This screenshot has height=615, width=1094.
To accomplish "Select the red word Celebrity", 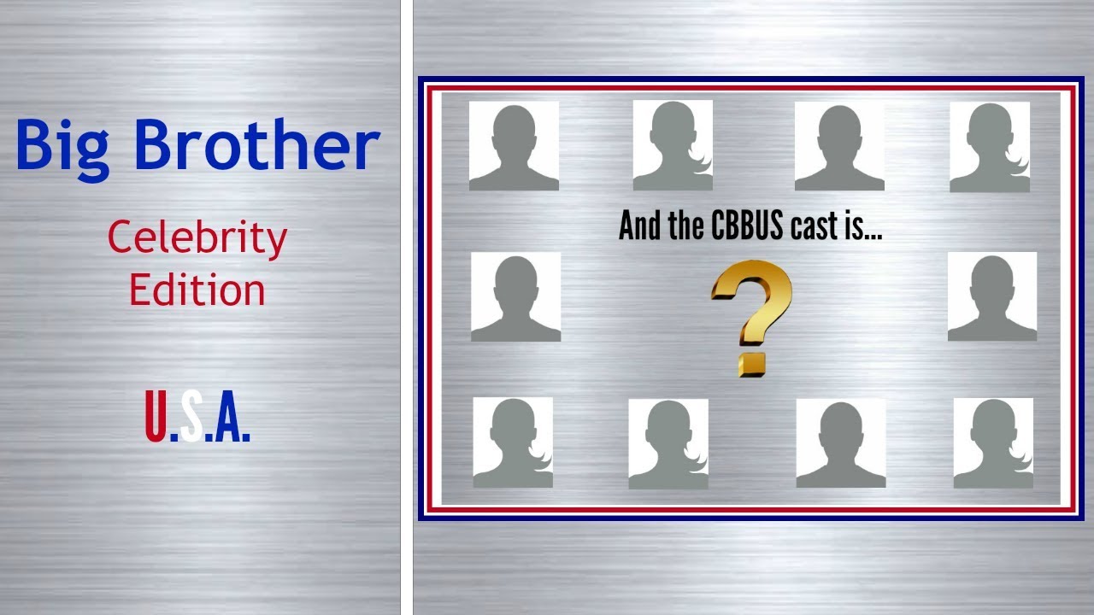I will click(197, 239).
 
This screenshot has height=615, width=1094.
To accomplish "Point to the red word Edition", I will click(197, 290).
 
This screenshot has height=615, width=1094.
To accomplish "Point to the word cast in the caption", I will click(820, 226).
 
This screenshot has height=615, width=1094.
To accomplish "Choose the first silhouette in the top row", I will click(514, 145).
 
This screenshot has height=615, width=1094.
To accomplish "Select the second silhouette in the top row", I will click(673, 145).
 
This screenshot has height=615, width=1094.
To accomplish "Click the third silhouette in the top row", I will click(839, 145).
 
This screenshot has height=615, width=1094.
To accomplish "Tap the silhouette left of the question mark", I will click(515, 297).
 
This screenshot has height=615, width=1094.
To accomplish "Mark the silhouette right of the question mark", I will click(992, 297).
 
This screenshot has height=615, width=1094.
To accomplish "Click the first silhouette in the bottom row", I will click(513, 442).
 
